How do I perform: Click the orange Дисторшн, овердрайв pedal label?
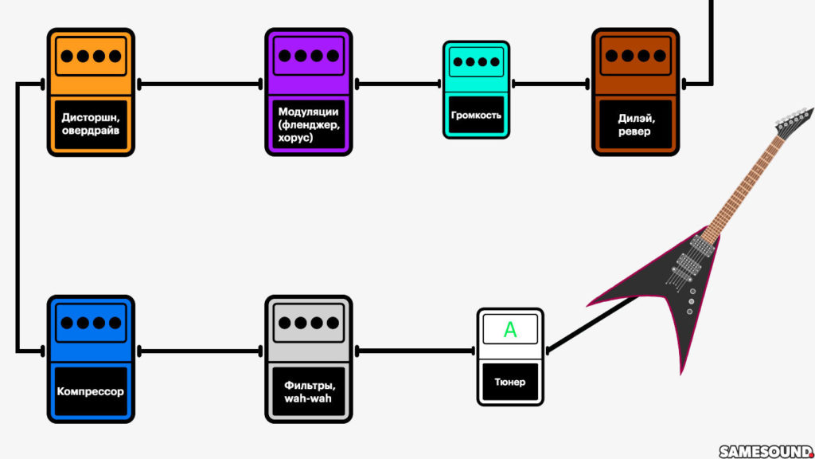[90, 124]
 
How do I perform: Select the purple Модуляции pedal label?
[307, 124]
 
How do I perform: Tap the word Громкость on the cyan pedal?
[476, 115]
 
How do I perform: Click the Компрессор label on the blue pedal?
[90, 391]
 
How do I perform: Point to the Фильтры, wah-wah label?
[307, 391]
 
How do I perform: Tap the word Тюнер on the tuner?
[509, 382]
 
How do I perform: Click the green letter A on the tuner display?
[510, 330]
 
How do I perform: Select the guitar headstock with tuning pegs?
[794, 122]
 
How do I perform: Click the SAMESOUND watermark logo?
[766, 451]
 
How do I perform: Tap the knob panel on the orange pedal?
[90, 57]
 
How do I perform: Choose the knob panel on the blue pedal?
[90, 324]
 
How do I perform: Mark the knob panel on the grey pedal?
[307, 324]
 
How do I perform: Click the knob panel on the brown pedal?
[634, 57]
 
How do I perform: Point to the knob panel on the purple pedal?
[307, 57]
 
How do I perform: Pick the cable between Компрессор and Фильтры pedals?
[199, 350]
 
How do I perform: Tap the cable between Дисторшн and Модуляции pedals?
[199, 83]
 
